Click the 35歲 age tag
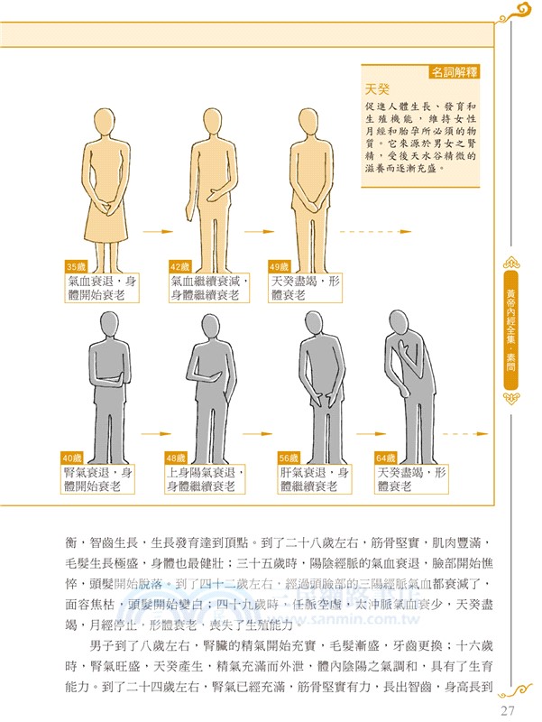pos(76,266)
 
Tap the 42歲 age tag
pos(179,266)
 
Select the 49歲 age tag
pos(280,266)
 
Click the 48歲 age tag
pos(178,458)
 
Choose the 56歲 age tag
pos(289,458)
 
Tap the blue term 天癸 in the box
pos(376,89)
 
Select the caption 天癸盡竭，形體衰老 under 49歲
pos(304,288)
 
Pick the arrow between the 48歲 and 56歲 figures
pos(254,423)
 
